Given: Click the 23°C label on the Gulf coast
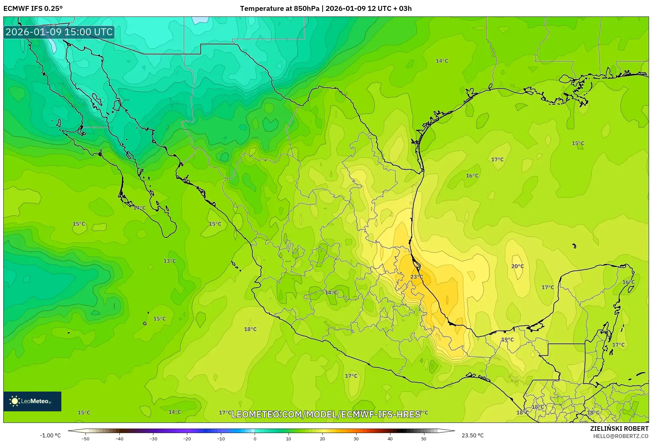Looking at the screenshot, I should point(416,277).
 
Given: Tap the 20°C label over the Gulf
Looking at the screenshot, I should point(517,266).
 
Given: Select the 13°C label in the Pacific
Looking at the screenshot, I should point(170,261).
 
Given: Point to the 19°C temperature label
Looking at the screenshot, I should point(507,339).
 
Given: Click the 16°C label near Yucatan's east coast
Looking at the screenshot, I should point(628,282).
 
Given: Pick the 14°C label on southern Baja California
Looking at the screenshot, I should point(139,208).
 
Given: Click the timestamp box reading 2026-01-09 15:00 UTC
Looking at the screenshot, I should point(59,32).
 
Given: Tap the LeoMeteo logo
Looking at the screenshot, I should point(32,401).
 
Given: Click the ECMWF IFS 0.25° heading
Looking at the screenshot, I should point(33,9).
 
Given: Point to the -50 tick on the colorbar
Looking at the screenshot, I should point(85,439).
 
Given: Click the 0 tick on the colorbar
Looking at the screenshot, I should point(255,439).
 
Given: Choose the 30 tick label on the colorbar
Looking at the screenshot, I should point(356,439).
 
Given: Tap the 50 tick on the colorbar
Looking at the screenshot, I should point(423,439).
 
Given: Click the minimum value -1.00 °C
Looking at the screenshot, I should point(50,435).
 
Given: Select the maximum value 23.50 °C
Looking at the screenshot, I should point(472,435).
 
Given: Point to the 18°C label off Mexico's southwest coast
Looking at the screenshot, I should point(250,329).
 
